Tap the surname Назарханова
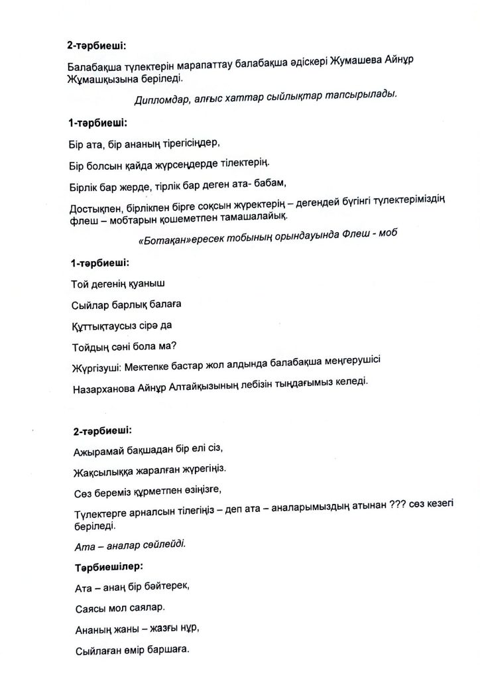coord(105,389)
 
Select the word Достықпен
coord(97,209)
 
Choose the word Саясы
coord(86,607)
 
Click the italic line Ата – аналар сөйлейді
coord(129,545)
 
